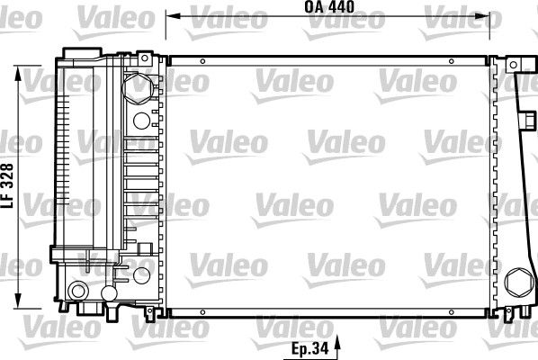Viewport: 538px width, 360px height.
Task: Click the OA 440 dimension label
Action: tap(329, 7)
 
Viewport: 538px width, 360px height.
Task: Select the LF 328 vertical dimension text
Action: tap(7, 185)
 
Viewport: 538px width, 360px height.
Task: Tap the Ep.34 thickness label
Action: tap(309, 348)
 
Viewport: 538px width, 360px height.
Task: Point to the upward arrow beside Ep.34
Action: tap(337, 347)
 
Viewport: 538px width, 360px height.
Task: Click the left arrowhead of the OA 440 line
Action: tap(173, 16)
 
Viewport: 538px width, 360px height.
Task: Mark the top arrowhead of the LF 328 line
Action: tap(18, 73)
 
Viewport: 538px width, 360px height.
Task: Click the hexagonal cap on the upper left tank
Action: tap(138, 88)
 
